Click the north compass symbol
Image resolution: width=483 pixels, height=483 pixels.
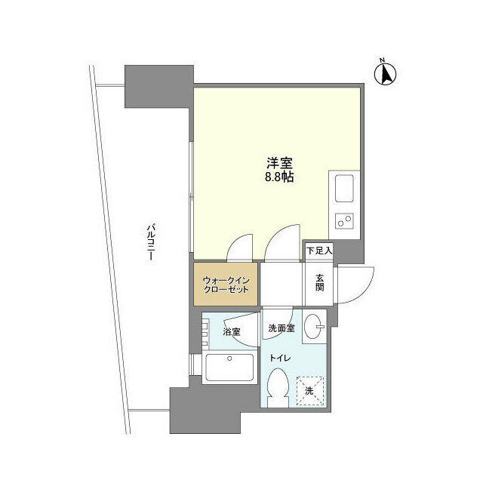click(386, 72)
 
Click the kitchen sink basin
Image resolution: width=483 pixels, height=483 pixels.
click(344, 187)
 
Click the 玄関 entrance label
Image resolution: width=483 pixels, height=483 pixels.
click(319, 281)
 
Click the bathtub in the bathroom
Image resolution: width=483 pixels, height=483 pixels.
click(231, 369)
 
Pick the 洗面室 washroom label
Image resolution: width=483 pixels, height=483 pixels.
click(281, 329)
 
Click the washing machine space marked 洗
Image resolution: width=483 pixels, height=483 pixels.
click(309, 389)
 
